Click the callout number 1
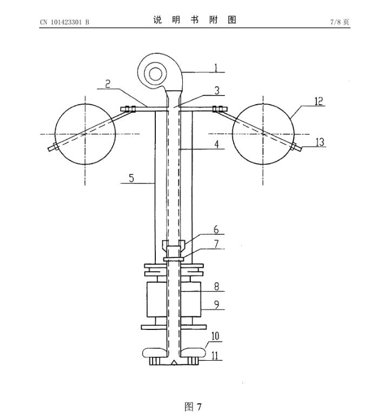click(x=216, y=68)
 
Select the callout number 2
click(x=108, y=84)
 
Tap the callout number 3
click(x=217, y=91)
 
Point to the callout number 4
click(x=216, y=144)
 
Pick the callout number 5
click(x=131, y=178)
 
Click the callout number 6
click(x=216, y=229)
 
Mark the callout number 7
click(x=216, y=244)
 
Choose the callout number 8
click(x=216, y=287)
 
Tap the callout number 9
click(x=216, y=305)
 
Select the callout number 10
click(x=215, y=336)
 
